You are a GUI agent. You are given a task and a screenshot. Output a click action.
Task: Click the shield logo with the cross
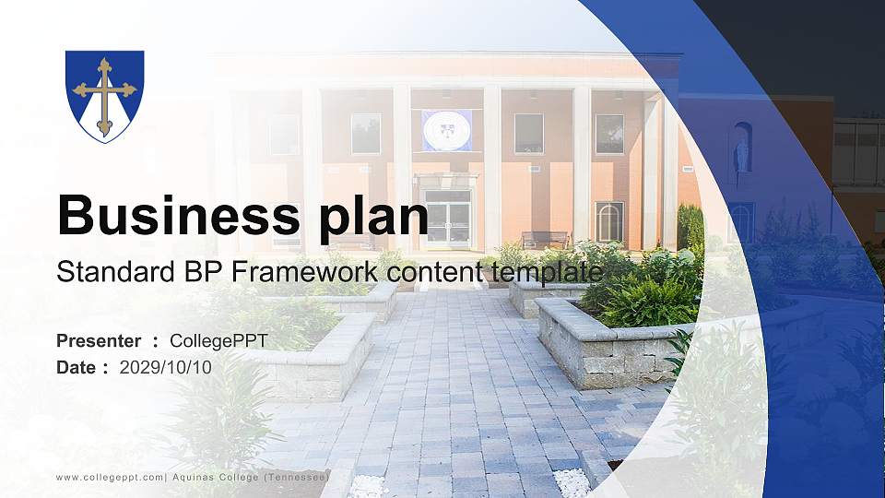click(x=104, y=96)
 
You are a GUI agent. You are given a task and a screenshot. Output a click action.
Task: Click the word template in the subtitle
click(x=547, y=272)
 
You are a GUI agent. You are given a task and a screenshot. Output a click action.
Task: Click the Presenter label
click(x=99, y=341)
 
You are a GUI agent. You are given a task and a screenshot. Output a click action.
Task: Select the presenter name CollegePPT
click(x=218, y=341)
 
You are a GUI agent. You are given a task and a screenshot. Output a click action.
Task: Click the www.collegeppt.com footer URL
click(x=110, y=477)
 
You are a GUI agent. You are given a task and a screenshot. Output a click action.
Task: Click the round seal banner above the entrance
click(x=447, y=129)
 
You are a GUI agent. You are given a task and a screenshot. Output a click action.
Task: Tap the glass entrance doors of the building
click(x=447, y=221)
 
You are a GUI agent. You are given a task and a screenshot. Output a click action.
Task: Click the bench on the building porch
click(x=546, y=240)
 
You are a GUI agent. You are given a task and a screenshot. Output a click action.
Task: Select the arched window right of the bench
click(x=609, y=221)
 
